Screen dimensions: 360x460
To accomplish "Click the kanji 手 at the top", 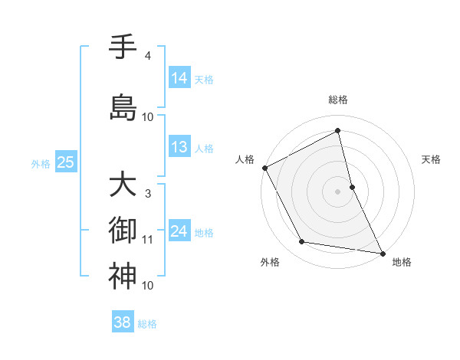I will [123, 48].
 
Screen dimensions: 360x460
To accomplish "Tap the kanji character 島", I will [123, 107].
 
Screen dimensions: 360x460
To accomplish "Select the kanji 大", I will [123, 186].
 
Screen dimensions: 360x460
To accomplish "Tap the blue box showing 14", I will [179, 78].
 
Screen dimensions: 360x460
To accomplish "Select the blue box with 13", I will [179, 147].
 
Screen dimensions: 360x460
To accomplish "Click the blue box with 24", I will [179, 231].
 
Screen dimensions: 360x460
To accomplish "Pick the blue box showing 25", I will [65, 162].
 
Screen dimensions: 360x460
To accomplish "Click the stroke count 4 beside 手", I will [147, 56].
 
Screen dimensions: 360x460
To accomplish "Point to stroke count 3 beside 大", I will [147, 194].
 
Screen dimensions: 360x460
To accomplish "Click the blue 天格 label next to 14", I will [204, 80].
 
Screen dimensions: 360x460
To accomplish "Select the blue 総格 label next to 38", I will [147, 324].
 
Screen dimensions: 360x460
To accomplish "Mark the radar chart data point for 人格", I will [264, 168].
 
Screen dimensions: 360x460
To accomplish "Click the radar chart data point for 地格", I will [382, 253].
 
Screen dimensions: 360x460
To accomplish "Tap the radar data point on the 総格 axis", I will [337, 131].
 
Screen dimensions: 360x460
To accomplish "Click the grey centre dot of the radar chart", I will [337, 191].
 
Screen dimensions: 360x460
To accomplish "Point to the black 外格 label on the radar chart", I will [270, 262].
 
